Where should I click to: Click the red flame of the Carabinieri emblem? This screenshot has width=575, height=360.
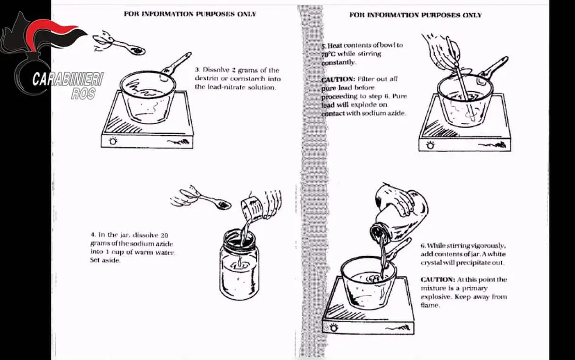pyautogui.click(x=51, y=31)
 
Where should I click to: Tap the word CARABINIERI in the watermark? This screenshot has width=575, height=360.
pyautogui.click(x=68, y=79)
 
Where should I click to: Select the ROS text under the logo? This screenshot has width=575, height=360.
pyautogui.click(x=84, y=94)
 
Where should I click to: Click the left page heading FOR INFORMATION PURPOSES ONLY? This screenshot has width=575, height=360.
pyautogui.click(x=190, y=14)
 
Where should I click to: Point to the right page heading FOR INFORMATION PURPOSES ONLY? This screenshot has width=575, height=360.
pyautogui.click(x=415, y=15)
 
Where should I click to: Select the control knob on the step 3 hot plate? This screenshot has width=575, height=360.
pyautogui.click(x=113, y=141)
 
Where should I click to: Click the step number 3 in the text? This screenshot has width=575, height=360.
pyautogui.click(x=197, y=70)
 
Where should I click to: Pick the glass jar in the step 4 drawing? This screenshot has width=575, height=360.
pyautogui.click(x=239, y=264)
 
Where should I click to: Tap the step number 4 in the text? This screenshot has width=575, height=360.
pyautogui.click(x=93, y=235)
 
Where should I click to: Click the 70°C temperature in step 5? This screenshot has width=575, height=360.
pyautogui.click(x=328, y=54)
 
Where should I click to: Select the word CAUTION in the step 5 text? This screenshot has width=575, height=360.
pyautogui.click(x=338, y=79)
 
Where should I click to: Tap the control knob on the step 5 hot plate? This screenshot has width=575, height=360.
pyautogui.click(x=431, y=145)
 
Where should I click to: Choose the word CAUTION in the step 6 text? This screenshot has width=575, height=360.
pyautogui.click(x=438, y=279)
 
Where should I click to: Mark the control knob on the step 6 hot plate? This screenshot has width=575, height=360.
pyautogui.click(x=334, y=327)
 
